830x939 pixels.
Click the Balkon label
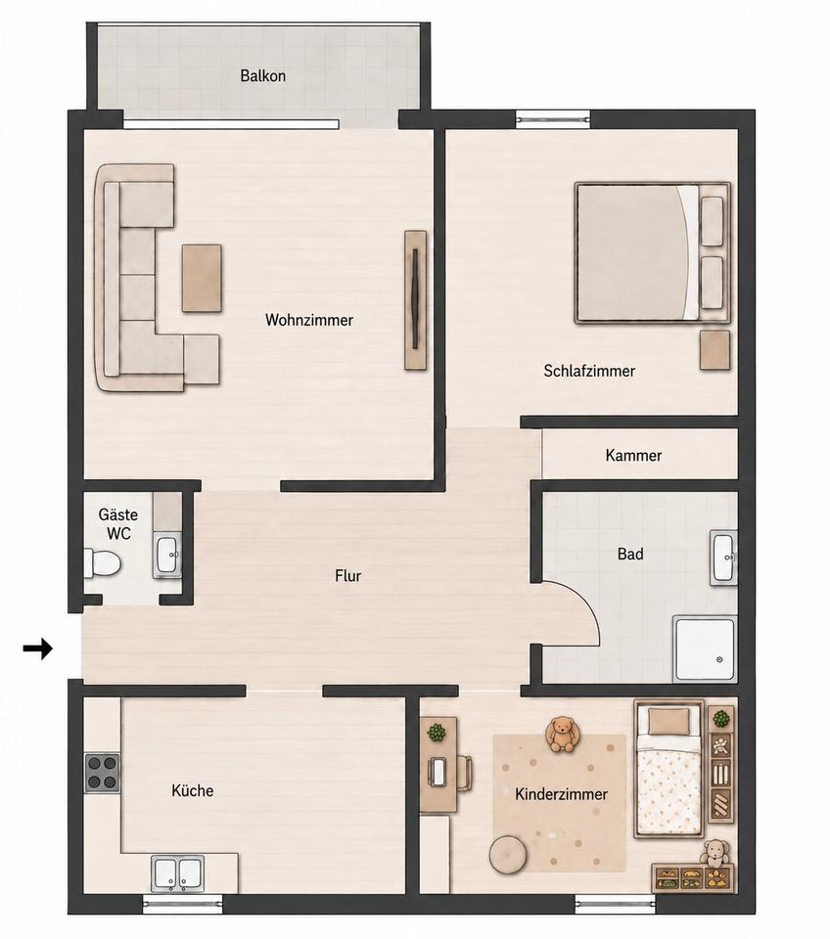click(262, 76)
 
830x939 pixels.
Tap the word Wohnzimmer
click(309, 320)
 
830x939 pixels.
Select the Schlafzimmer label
click(589, 371)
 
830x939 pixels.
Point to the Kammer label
click(633, 455)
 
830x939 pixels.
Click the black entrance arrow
click(38, 648)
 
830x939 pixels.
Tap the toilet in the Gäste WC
click(102, 563)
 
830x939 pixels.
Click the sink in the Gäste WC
click(167, 557)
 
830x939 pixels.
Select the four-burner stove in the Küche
click(102, 773)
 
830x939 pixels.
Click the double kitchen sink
click(177, 873)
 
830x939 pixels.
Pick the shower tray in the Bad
click(705, 649)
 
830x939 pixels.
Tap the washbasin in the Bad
click(724, 557)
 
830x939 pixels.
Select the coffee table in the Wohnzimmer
click(202, 278)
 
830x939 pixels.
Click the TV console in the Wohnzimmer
click(415, 300)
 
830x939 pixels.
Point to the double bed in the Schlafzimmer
click(653, 252)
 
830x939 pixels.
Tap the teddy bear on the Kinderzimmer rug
click(562, 735)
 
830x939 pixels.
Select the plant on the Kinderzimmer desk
click(437, 733)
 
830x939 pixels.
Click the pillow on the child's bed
click(669, 722)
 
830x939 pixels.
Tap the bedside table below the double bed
click(715, 350)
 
